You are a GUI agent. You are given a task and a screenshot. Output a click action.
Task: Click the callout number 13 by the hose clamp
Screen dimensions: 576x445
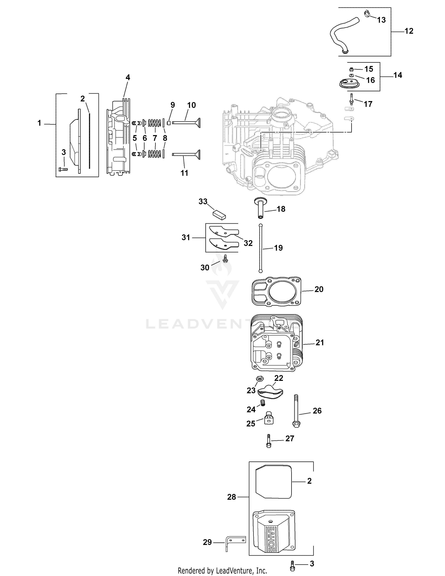coord(381,20)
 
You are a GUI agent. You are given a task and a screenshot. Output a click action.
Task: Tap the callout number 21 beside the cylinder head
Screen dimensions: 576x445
coord(320,343)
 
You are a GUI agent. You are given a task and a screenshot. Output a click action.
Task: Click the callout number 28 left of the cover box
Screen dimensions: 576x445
coord(231,497)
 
